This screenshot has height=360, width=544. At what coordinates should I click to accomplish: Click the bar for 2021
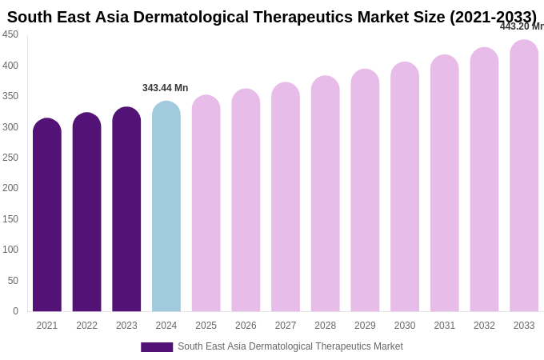pos(47,216)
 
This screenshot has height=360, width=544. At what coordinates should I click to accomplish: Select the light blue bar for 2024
pos(166,208)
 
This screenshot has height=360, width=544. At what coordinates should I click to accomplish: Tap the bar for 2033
pos(524,176)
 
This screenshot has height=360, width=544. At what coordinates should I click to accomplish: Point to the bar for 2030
pos(405,187)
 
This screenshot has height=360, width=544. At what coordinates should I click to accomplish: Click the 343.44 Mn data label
pos(165,88)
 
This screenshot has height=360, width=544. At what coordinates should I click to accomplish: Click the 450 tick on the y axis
pos(10,34)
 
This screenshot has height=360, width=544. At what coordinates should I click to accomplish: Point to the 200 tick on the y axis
pos(10,188)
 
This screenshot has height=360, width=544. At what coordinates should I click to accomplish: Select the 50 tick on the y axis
pos(13,281)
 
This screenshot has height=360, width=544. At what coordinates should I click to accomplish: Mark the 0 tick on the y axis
pos(15,311)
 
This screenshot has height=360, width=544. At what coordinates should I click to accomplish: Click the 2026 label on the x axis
pos(246,326)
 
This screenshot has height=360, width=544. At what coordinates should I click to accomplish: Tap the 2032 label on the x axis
pos(484,326)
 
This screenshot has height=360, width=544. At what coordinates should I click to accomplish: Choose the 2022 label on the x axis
pos(86,326)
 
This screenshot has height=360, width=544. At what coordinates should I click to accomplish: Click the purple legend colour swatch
pos(157,347)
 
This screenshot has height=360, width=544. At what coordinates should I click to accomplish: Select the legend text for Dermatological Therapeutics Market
pos(290,346)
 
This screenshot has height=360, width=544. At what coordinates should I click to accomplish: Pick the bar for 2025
pos(206,204)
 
